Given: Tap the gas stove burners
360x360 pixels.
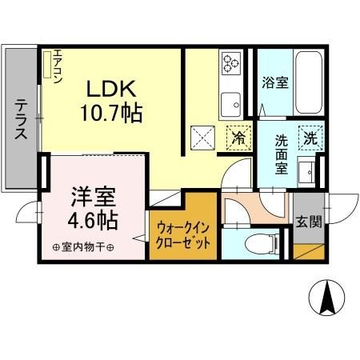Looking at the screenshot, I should (x=233, y=62).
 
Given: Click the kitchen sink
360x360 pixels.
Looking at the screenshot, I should (x=232, y=102).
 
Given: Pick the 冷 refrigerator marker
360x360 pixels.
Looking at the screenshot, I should (x=238, y=137).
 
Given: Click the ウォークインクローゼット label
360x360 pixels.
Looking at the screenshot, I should (x=182, y=232).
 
